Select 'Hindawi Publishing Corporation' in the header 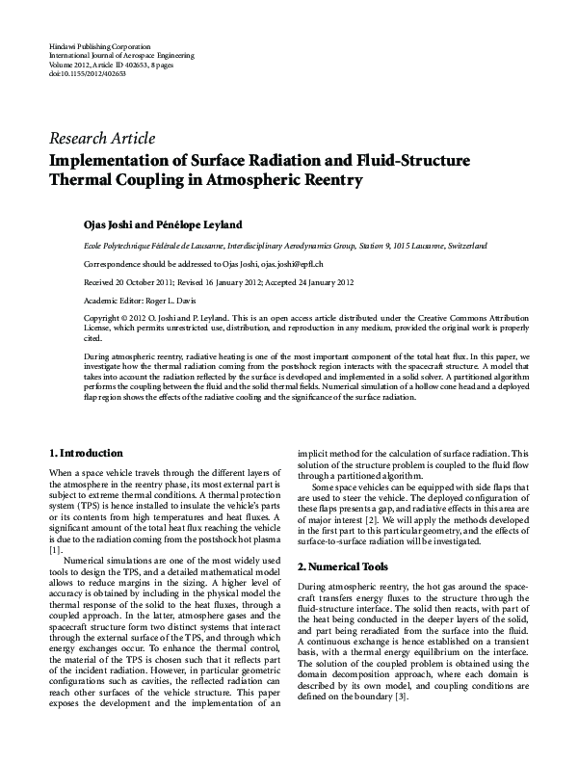point(98,46)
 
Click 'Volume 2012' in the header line point(67,64)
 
